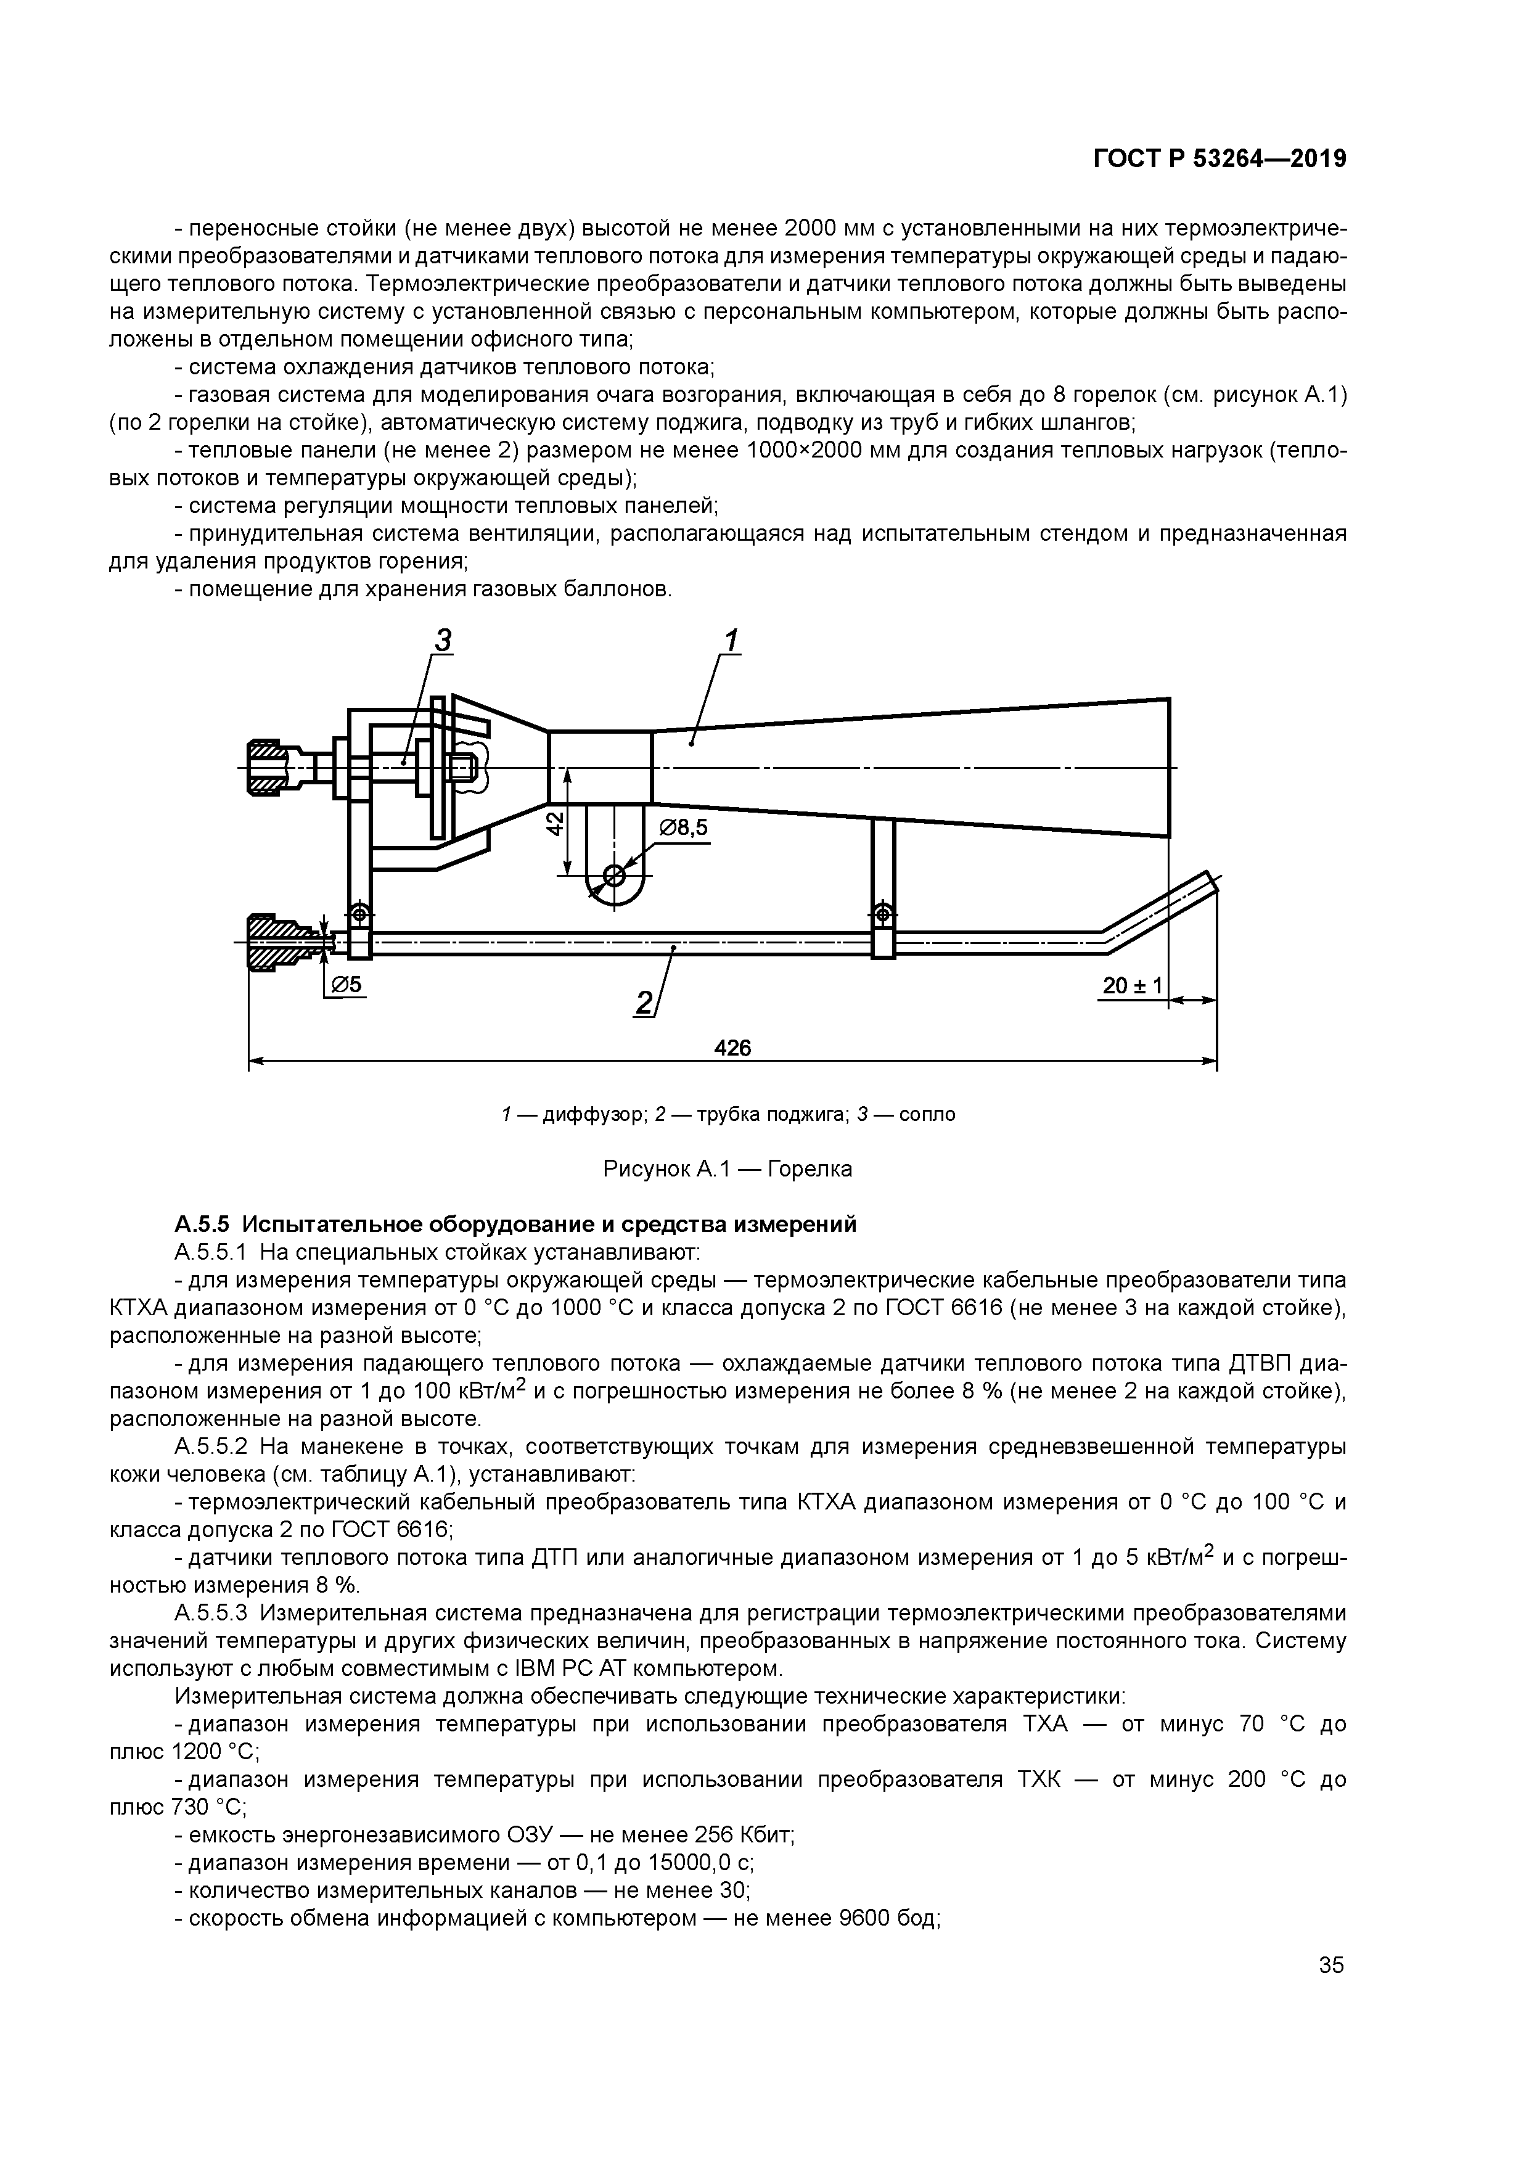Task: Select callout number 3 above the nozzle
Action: [442, 641]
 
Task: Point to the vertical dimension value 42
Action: [556, 823]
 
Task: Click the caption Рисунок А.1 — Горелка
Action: [728, 1169]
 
